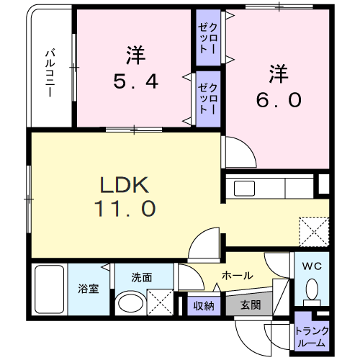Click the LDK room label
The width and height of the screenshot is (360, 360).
(x=125, y=185)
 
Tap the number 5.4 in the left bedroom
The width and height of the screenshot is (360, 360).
(x=135, y=81)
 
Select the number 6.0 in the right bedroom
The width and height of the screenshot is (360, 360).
(x=279, y=100)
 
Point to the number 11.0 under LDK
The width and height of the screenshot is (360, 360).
(x=125, y=209)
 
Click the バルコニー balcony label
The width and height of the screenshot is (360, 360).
(x=50, y=73)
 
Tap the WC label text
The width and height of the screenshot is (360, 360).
(x=312, y=266)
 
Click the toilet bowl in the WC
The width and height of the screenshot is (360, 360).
(x=312, y=289)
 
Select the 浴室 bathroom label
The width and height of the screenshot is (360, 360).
(x=89, y=289)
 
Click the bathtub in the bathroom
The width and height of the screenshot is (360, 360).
(x=50, y=289)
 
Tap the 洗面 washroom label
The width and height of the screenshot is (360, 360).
(x=142, y=277)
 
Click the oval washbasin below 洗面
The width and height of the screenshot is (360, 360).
(x=130, y=303)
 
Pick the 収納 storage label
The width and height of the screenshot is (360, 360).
(x=204, y=306)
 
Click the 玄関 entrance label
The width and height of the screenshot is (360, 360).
(x=251, y=305)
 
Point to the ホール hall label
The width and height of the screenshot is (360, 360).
(x=238, y=276)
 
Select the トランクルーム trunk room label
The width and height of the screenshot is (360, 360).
(x=312, y=337)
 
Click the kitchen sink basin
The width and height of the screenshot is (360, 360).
(x=244, y=189)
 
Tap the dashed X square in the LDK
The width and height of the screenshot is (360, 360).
(x=314, y=232)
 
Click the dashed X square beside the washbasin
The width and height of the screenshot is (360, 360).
(x=160, y=302)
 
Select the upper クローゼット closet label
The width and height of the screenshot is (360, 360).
(x=207, y=38)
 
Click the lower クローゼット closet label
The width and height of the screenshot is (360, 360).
(x=207, y=99)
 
